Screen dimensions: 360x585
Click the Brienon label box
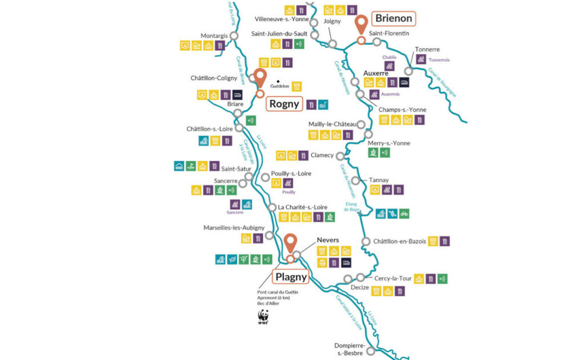coord(394,18)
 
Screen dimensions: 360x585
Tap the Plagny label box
coord(291,278)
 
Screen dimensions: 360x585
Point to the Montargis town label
coord(214,36)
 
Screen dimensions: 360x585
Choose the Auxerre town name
coord(376,73)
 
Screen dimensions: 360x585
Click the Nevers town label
coord(328,240)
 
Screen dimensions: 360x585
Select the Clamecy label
coord(322,155)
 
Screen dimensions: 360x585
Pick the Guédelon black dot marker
coord(278,81)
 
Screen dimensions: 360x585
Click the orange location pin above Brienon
coord(361,25)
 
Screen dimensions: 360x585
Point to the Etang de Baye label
coord(352,207)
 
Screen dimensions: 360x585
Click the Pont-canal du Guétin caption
coord(278,292)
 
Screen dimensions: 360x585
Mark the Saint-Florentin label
coord(389,33)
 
